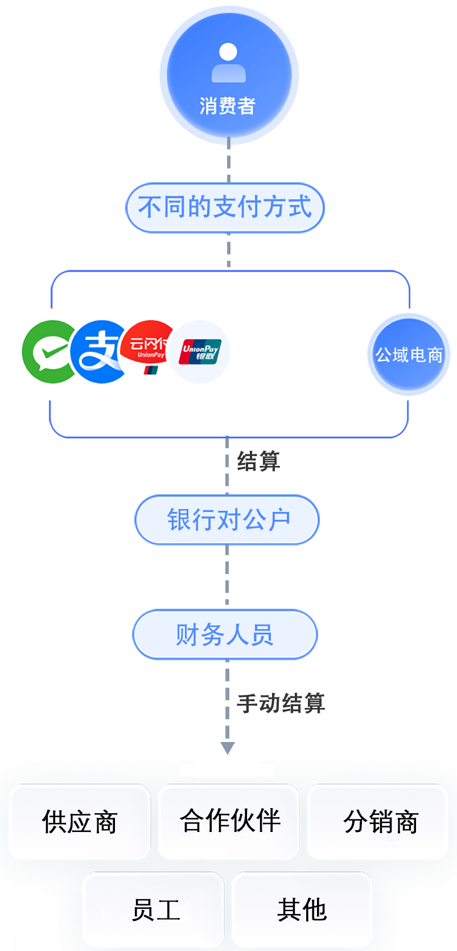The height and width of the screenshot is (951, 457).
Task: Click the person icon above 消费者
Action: (228, 63)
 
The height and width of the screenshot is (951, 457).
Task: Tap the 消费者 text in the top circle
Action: (228, 106)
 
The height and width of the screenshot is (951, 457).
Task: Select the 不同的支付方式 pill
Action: (225, 207)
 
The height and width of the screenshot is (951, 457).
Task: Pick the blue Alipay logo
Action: (98, 351)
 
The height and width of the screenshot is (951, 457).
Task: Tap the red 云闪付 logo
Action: (148, 351)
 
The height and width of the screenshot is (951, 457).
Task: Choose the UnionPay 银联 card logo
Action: (201, 352)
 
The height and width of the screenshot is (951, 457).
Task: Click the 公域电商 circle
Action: (409, 354)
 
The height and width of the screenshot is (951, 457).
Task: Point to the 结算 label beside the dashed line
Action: (258, 461)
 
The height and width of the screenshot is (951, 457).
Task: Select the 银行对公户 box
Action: (228, 520)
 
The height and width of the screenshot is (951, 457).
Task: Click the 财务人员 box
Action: (225, 634)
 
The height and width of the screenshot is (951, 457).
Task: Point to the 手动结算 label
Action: (281, 703)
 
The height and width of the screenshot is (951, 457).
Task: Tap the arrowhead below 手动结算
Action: (228, 748)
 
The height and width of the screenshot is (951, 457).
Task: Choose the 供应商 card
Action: (80, 822)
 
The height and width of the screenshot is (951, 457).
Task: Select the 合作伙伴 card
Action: (229, 821)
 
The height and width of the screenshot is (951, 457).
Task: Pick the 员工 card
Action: (154, 909)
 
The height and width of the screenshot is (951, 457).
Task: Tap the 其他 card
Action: (302, 909)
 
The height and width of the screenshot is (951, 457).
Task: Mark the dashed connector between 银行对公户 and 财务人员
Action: (228, 576)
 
